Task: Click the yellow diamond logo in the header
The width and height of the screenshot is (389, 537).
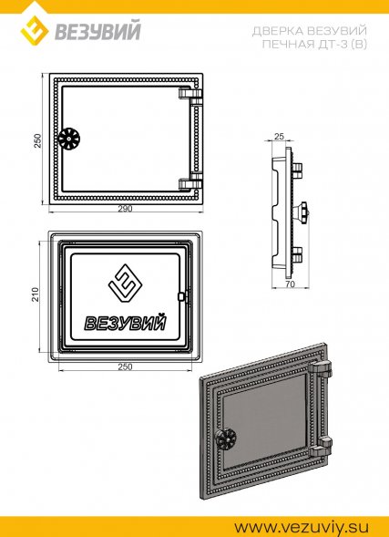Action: [x=35, y=30]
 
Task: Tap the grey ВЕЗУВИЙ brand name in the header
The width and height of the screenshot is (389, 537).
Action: [x=97, y=32]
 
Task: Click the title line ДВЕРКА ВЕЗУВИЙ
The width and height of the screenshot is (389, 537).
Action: [x=309, y=31]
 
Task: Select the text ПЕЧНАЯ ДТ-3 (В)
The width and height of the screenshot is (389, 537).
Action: [x=314, y=44]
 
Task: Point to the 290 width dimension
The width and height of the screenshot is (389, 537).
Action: [x=125, y=209]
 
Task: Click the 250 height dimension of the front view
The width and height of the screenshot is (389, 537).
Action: [x=37, y=140]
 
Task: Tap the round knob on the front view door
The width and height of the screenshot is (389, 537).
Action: [x=68, y=139]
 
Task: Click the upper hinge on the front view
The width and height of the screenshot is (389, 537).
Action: [x=191, y=96]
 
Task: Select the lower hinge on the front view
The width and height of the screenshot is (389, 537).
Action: [x=191, y=181]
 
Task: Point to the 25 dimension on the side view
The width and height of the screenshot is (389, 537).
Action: [x=279, y=137]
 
